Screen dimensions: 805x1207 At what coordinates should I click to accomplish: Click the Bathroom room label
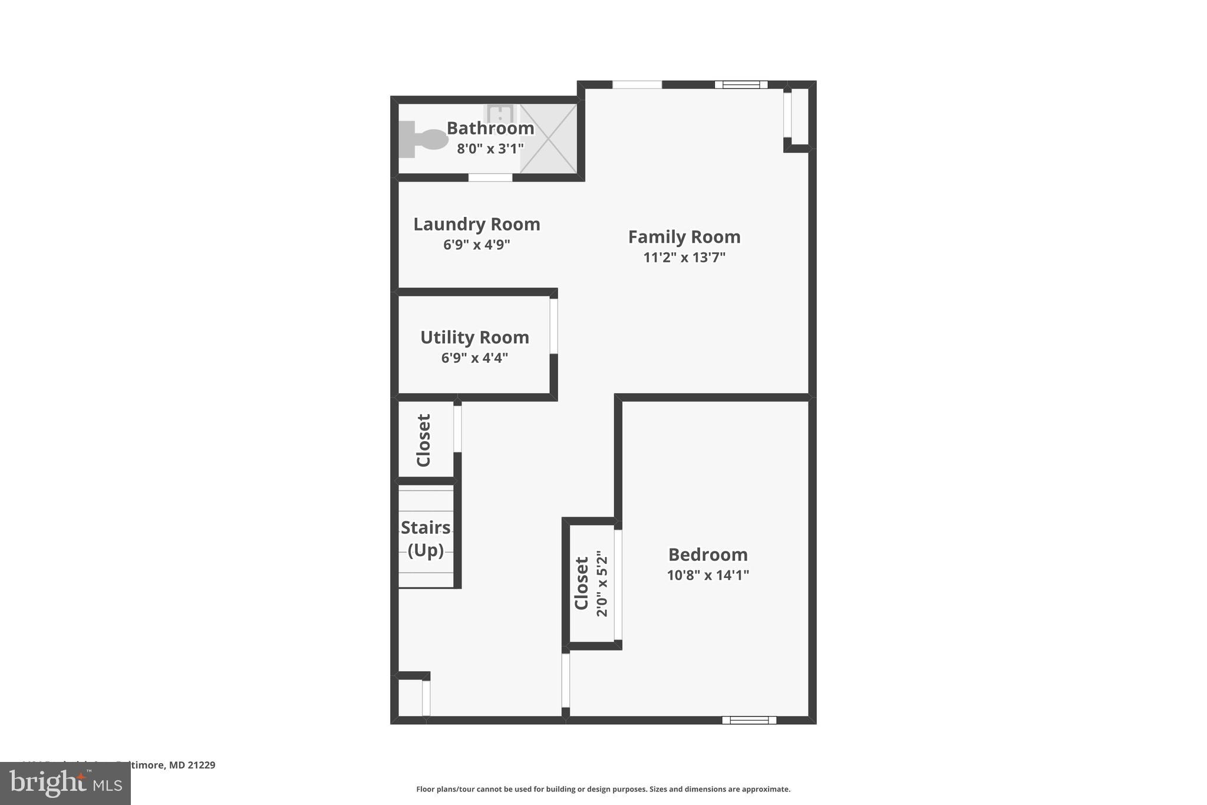[x=490, y=128]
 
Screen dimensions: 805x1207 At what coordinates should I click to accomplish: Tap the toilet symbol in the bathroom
[x=424, y=140]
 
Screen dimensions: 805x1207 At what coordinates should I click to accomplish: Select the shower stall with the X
[x=549, y=139]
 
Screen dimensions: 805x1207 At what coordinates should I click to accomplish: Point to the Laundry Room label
[x=476, y=224]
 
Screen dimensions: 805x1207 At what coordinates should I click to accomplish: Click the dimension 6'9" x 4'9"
[x=476, y=244]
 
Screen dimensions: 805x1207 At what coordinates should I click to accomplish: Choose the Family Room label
[x=684, y=236]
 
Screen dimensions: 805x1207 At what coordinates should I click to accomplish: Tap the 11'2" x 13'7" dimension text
[x=684, y=257]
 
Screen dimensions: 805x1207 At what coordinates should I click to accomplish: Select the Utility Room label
[x=474, y=337]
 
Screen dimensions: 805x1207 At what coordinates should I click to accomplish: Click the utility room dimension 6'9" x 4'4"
[x=474, y=357]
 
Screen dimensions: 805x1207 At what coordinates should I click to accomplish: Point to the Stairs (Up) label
[x=426, y=538]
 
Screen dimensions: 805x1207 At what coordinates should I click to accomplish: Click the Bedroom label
[x=707, y=554]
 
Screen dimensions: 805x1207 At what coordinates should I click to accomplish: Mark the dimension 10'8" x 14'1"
[x=707, y=575]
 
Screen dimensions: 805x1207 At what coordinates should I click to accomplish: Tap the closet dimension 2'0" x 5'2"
[x=602, y=583]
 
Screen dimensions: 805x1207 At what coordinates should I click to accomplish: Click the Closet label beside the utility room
[x=424, y=440]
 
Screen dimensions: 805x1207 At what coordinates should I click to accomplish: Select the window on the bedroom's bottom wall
[x=749, y=720]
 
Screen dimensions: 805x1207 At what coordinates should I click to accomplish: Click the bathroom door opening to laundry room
[x=490, y=178]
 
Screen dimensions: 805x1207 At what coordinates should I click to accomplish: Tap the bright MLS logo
[x=65, y=783]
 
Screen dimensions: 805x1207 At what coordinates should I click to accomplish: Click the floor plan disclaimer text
[x=603, y=789]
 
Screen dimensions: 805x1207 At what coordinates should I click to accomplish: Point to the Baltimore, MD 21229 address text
[x=165, y=765]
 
